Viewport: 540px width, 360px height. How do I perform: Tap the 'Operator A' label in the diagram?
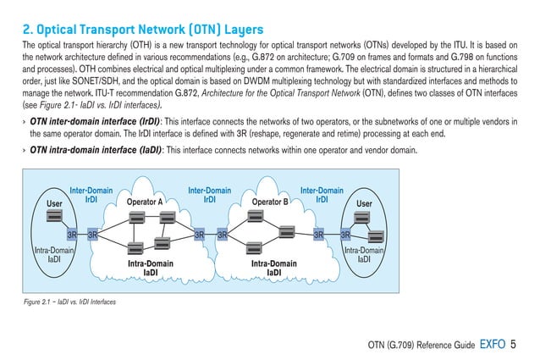click(145, 202)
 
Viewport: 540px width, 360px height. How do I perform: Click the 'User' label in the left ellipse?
click(55, 203)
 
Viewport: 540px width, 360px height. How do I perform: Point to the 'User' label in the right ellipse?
click(365, 203)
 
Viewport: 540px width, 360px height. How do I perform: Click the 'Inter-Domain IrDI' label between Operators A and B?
click(207, 196)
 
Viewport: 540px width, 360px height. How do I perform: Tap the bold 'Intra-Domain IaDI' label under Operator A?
click(150, 269)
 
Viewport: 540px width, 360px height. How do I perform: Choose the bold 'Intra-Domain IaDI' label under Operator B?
click(274, 269)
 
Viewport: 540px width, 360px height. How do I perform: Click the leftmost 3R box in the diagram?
click(73, 233)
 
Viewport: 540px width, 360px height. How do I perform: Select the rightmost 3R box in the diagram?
click(345, 233)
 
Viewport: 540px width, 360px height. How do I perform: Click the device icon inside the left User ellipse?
click(55, 221)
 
